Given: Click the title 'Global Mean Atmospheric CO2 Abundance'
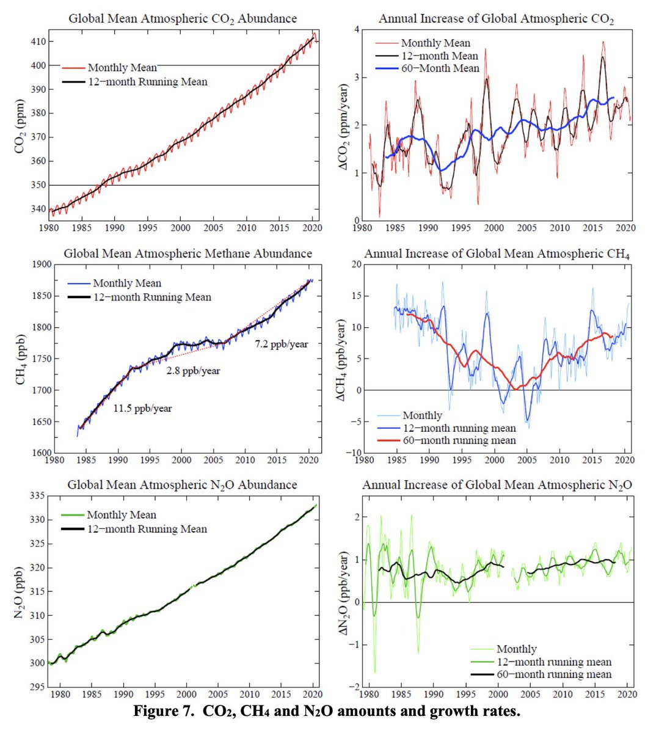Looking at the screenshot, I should tap(183, 18).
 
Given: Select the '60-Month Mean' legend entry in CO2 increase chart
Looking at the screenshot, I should tap(440, 68).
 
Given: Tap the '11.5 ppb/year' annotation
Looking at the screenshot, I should tap(142, 408).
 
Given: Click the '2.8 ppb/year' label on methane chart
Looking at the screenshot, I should tap(193, 371).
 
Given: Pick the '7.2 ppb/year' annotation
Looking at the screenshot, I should tap(281, 344).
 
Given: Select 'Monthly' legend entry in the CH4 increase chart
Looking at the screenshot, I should tap(422, 415).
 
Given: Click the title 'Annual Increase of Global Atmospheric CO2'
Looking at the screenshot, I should tap(496, 18).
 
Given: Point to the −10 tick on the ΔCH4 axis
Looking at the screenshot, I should tap(352, 453).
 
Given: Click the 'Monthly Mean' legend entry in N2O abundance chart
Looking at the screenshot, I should tap(121, 515).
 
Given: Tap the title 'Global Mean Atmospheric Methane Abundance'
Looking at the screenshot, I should tap(188, 253).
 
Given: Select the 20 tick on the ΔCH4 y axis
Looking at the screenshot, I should tap(355, 264).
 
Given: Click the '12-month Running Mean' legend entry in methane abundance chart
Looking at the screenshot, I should tap(151, 297).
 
